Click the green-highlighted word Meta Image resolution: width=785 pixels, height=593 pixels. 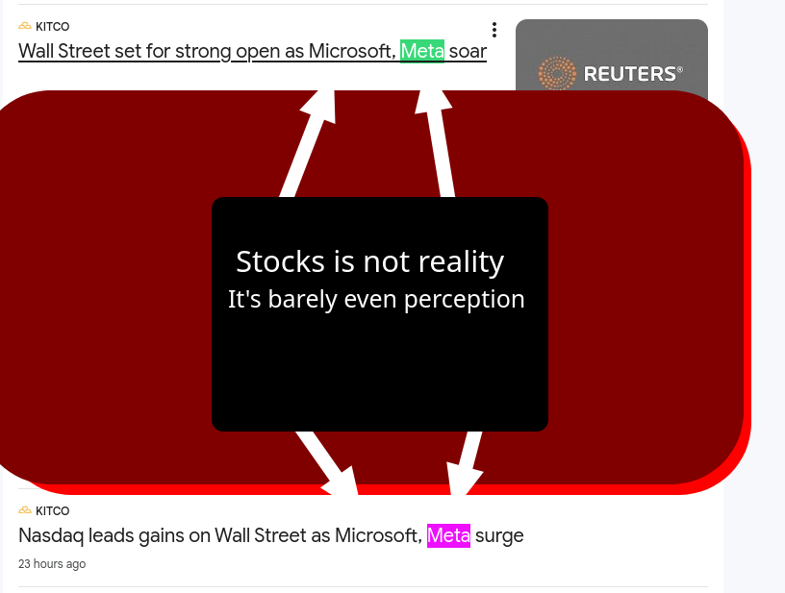click(x=422, y=51)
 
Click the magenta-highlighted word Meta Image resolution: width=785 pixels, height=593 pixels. click(x=448, y=535)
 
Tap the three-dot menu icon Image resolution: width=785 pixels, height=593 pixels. click(x=494, y=30)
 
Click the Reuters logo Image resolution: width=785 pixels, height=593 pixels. click(x=610, y=73)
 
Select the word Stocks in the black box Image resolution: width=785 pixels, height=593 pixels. click(x=280, y=261)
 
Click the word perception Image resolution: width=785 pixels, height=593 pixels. click(x=464, y=300)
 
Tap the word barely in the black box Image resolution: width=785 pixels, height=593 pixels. click(x=302, y=300)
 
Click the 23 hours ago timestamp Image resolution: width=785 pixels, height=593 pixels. click(x=52, y=564)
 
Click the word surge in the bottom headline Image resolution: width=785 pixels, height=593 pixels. click(x=499, y=536)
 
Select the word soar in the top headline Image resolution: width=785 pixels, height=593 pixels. click(x=468, y=51)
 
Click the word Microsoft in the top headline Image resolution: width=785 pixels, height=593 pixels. click(x=352, y=51)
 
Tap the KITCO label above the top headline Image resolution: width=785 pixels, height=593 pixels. click(x=53, y=27)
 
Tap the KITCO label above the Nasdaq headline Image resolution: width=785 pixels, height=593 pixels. click(x=53, y=511)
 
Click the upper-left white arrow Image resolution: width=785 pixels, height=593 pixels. click(x=308, y=143)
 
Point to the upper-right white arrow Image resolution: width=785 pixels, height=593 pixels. click(x=436, y=143)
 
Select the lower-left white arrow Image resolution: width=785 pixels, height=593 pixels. click(x=327, y=463)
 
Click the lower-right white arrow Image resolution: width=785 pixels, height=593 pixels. click(x=465, y=463)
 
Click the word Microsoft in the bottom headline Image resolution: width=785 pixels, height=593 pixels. click(x=378, y=535)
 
